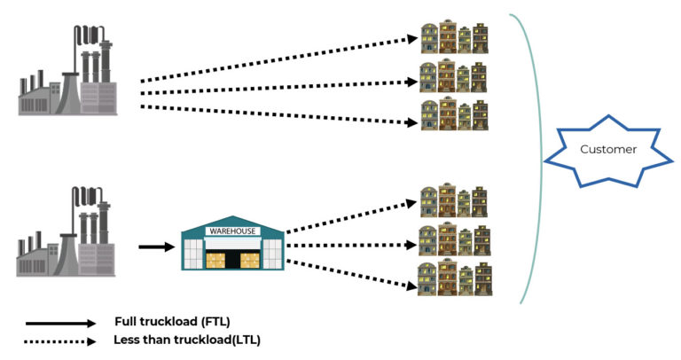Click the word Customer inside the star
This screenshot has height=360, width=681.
[607, 149]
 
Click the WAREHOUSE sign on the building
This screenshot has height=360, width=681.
[232, 231]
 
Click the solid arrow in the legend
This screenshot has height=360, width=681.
[59, 324]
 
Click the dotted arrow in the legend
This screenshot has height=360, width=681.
[59, 340]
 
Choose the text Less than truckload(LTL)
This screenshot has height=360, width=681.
[187, 340]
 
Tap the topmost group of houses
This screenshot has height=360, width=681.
[454, 38]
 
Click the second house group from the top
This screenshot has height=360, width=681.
[454, 78]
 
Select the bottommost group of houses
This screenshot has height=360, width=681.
[454, 278]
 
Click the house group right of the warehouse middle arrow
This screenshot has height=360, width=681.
[454, 239]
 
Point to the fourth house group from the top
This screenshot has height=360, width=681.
[454, 201]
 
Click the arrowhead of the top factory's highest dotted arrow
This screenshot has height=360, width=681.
[411, 38]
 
